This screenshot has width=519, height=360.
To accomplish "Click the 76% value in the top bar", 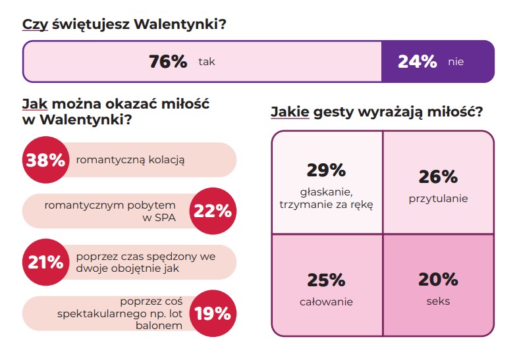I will point(168,62).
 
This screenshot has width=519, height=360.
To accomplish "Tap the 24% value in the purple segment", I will point(417,62).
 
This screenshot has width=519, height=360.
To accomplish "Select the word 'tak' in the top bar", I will point(207,62).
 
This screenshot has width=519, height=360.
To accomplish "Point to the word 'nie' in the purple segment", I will point(456,62).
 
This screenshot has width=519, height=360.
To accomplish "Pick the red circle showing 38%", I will point(45,160).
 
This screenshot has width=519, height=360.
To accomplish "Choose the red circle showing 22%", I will point(212,211).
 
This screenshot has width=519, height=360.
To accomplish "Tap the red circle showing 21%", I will point(45,261).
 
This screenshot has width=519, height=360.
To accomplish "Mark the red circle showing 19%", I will point(212,313).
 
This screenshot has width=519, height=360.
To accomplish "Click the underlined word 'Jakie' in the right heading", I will point(290,112).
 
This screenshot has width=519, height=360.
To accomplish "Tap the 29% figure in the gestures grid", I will point(326,170).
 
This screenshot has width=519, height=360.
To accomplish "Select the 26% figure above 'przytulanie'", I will point(438,176).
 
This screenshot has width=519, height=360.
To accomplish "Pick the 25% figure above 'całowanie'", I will point(326,280).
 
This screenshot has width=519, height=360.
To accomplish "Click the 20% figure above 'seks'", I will point(438,279).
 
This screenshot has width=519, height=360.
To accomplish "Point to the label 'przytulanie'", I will point(438,198).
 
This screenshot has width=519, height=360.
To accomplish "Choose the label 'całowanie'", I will point(326,302).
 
